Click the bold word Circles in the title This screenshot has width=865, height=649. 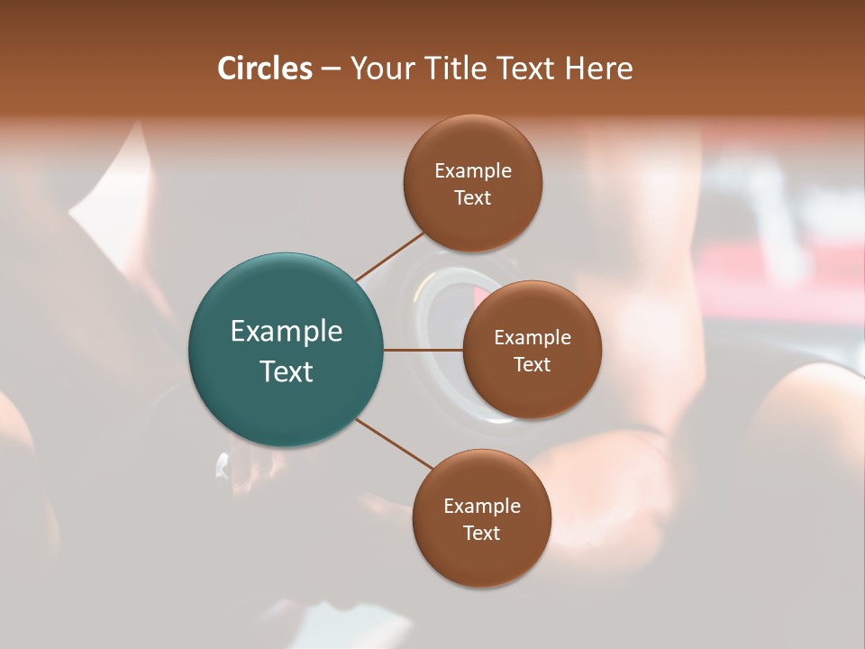(265, 69)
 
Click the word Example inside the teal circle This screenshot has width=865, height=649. (287, 332)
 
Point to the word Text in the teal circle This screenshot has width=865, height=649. (287, 371)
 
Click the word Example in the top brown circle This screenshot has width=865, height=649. (473, 171)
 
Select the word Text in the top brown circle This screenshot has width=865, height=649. (473, 198)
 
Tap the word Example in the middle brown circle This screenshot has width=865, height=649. (533, 338)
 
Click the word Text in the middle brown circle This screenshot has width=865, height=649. (533, 365)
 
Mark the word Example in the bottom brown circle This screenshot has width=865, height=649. (482, 507)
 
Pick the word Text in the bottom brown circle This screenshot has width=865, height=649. (482, 534)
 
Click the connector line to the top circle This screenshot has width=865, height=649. (389, 256)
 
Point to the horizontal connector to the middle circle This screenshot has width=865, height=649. (423, 350)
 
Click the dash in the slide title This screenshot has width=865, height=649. (331, 69)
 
